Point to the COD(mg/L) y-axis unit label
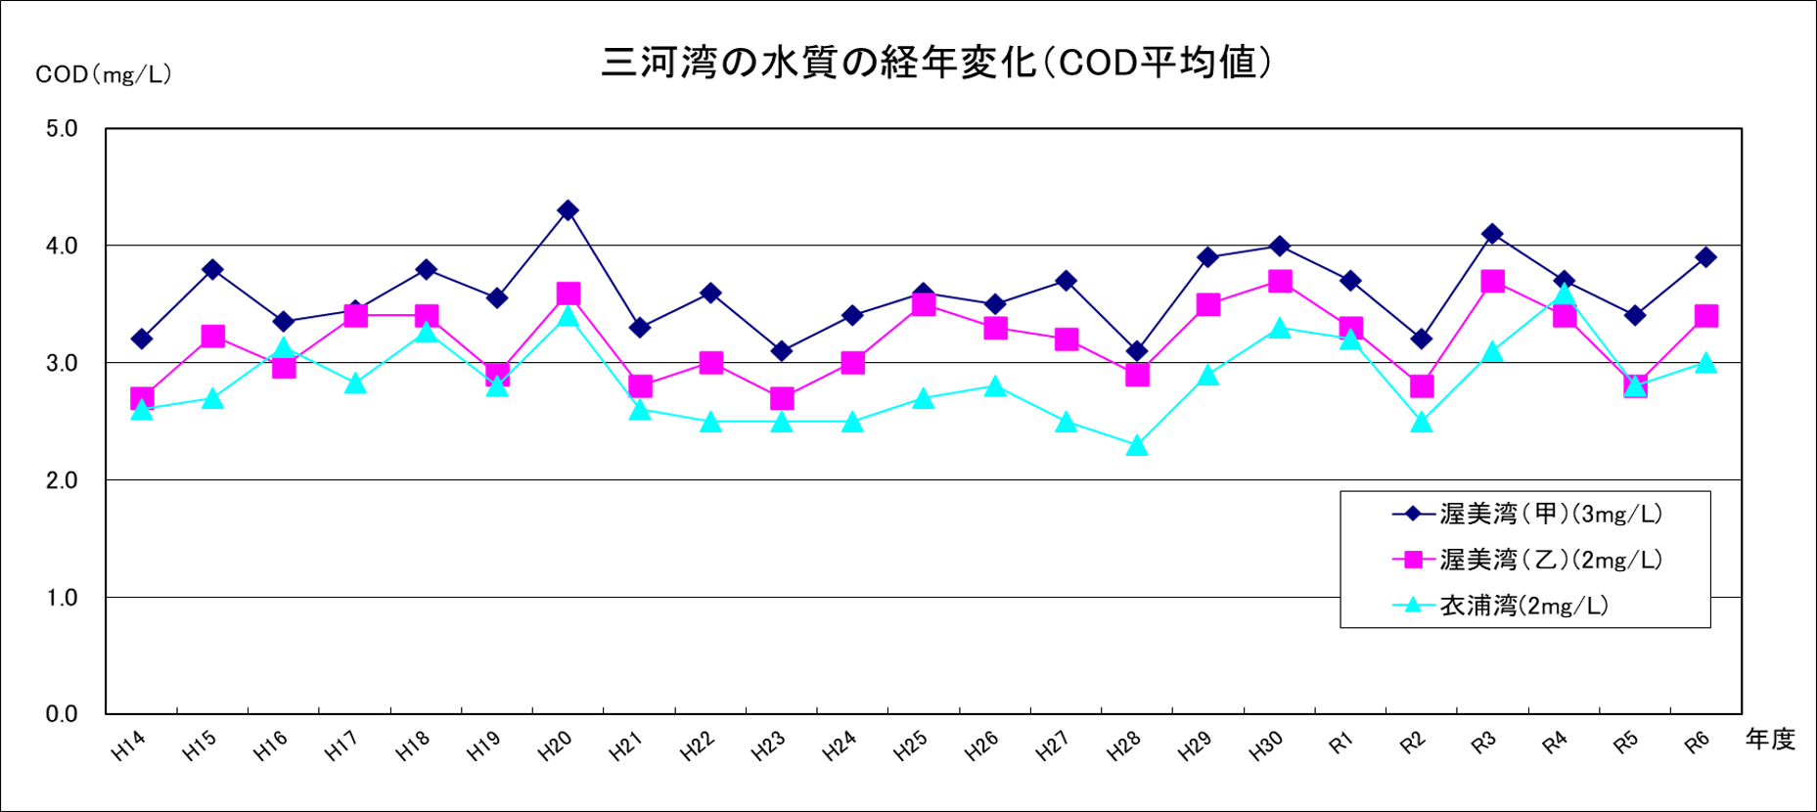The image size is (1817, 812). coord(104,75)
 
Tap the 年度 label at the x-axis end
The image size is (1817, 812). coord(1770,740)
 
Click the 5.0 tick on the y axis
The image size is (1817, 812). coord(62,129)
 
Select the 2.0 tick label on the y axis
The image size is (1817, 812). coord(62,480)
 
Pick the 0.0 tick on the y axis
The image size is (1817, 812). coord(62,714)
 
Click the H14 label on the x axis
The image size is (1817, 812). coord(128,747)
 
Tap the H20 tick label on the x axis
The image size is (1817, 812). coord(555,747)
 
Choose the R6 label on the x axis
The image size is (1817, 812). coord(1697,743)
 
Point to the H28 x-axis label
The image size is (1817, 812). coord(1124,747)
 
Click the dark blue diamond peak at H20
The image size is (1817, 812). coord(568,210)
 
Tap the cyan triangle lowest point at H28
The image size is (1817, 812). coord(1137,446)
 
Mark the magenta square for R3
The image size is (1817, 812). coord(1492,282)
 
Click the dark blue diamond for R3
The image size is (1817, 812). coord(1492,234)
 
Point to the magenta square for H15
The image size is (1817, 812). coord(213,337)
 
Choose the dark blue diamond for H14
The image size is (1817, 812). coord(142,339)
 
